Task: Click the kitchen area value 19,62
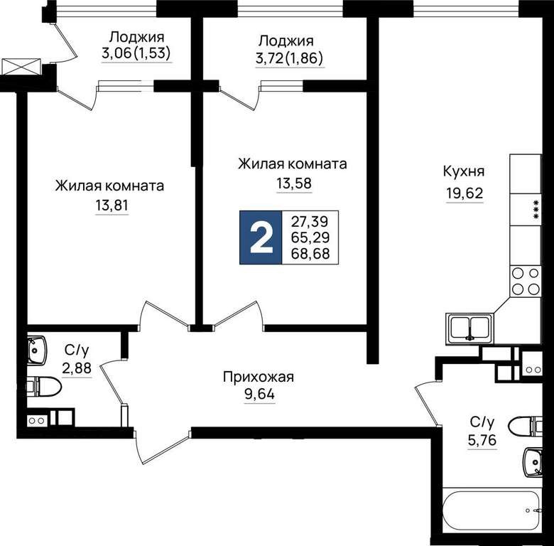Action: click(x=465, y=193)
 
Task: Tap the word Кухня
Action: click(x=464, y=172)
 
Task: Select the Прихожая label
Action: click(x=259, y=378)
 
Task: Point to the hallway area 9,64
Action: click(x=260, y=394)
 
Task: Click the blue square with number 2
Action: click(x=261, y=237)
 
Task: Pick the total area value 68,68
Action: click(x=310, y=254)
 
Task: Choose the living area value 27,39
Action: click(x=310, y=222)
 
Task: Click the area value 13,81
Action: click(x=112, y=205)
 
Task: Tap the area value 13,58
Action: click(x=294, y=183)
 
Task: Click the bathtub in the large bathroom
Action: click(x=492, y=511)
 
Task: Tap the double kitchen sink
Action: click(x=469, y=328)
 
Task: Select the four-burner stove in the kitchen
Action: click(x=526, y=281)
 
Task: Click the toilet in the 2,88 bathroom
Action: click(x=44, y=387)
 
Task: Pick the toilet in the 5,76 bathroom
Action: click(x=525, y=426)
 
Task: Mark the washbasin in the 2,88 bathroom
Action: click(x=37, y=350)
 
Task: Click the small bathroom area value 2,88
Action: click(x=77, y=368)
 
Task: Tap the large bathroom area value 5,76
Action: click(x=482, y=440)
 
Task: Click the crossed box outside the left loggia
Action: click(x=21, y=67)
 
